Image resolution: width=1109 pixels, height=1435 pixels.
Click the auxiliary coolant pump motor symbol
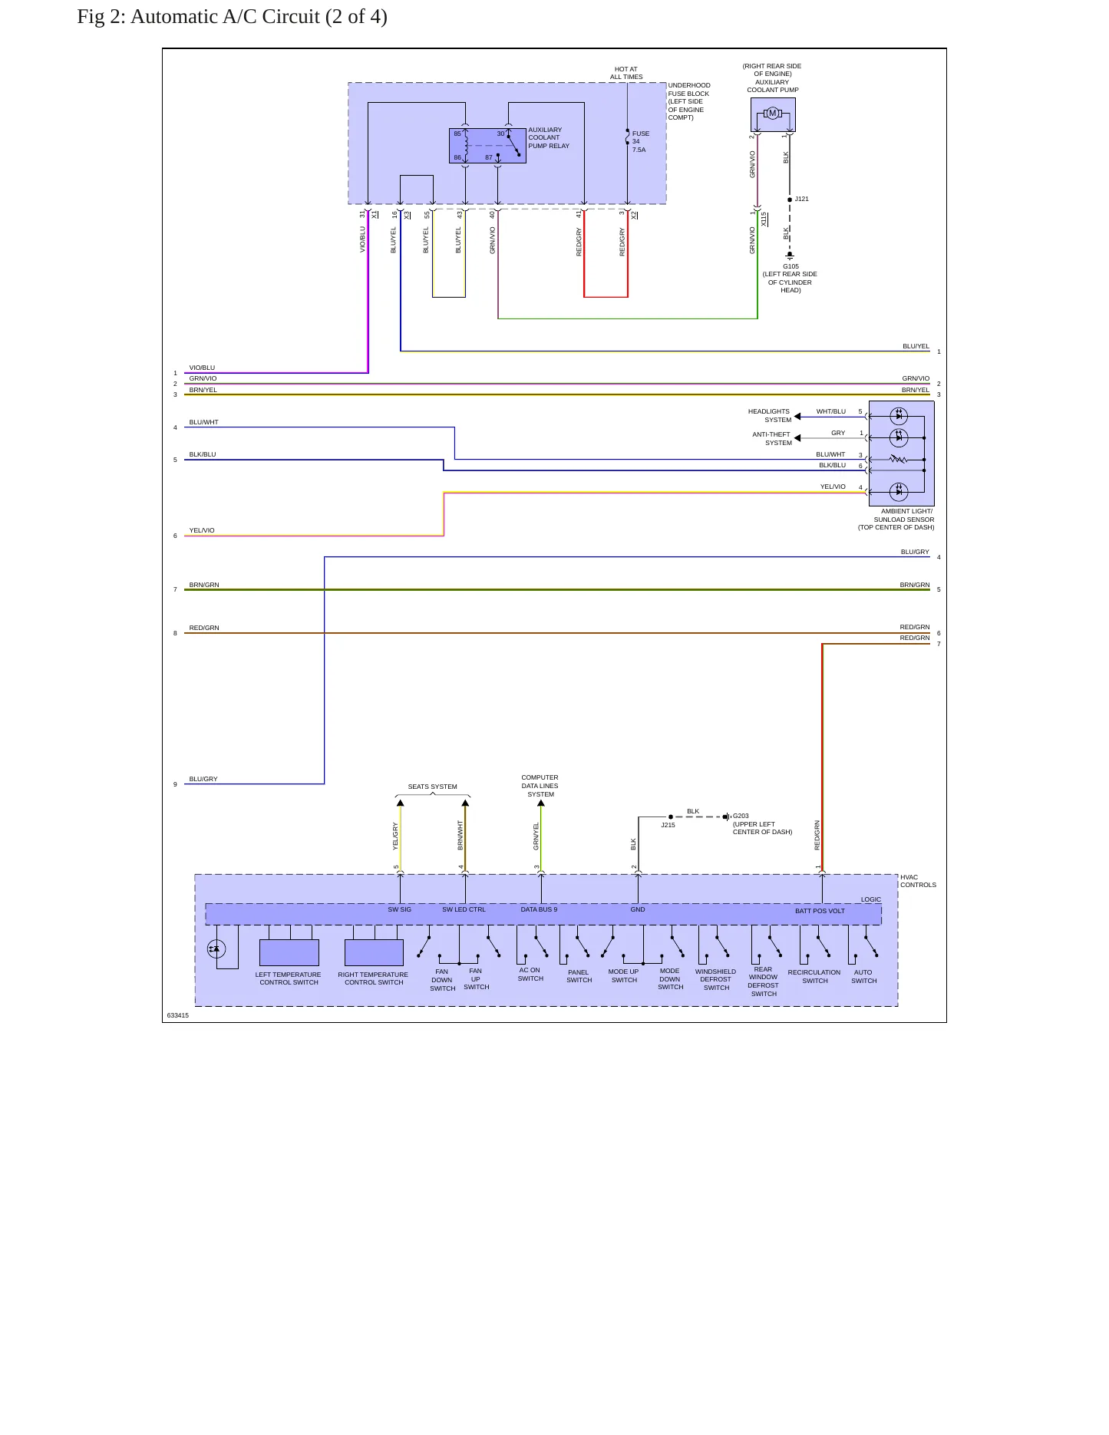[x=773, y=114]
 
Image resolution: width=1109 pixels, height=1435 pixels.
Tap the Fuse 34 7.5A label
[x=641, y=141]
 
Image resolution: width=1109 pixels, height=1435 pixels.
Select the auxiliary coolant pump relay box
[x=487, y=146]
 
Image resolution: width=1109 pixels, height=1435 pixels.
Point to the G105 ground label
[x=790, y=266]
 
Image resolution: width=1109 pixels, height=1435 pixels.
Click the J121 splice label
[x=801, y=199]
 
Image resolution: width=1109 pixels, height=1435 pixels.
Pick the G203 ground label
[x=741, y=816]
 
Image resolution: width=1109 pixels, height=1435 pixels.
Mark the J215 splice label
[x=668, y=825]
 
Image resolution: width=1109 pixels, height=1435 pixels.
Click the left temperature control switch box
[x=289, y=952]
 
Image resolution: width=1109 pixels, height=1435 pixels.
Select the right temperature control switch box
[x=374, y=952]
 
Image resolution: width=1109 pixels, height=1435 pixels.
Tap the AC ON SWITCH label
[x=530, y=975]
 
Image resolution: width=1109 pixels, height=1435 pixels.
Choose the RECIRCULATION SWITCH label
[x=814, y=976]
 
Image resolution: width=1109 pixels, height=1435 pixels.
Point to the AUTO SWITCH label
[x=863, y=976]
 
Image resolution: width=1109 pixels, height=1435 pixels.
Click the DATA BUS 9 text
[x=539, y=909]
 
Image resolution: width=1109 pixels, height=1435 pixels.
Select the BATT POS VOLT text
[x=820, y=911]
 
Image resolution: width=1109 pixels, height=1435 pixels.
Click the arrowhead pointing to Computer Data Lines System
[x=541, y=803]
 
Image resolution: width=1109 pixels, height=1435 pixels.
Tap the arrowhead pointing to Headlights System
[x=797, y=417]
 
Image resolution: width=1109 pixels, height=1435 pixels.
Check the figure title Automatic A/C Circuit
[x=232, y=17]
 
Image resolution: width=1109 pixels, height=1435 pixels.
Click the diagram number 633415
[x=177, y=1015]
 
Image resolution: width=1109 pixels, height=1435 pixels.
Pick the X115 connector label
[x=764, y=219]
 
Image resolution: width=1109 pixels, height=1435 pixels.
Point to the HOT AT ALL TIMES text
[x=626, y=73]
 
